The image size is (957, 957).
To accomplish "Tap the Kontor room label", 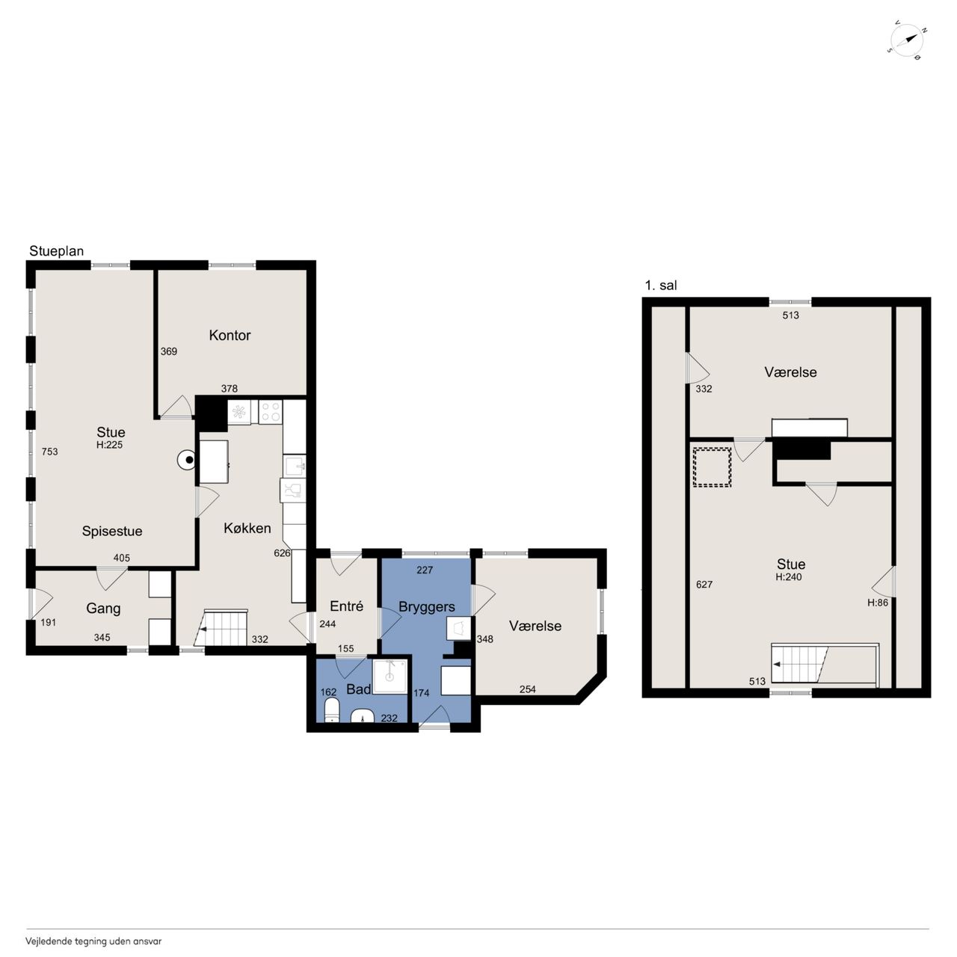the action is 230,335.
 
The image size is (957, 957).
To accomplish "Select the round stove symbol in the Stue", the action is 187,461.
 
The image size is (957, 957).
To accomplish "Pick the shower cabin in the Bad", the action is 390,676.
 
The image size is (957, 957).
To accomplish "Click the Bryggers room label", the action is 427,607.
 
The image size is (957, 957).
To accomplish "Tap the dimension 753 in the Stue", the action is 49,452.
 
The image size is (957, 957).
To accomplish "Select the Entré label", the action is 346,606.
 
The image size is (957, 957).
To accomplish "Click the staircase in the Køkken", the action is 221,627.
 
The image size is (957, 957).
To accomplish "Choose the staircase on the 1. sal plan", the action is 824,665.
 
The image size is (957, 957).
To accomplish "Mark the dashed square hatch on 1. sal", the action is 713,467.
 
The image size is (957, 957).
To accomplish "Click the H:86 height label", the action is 878,603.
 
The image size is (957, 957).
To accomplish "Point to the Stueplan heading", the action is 56,250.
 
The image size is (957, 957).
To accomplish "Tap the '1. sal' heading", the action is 660,285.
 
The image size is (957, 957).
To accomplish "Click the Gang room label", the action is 103,609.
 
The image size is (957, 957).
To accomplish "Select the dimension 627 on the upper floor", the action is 704,585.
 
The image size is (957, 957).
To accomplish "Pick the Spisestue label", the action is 112,531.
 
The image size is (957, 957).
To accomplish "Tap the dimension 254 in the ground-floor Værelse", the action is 527,689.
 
